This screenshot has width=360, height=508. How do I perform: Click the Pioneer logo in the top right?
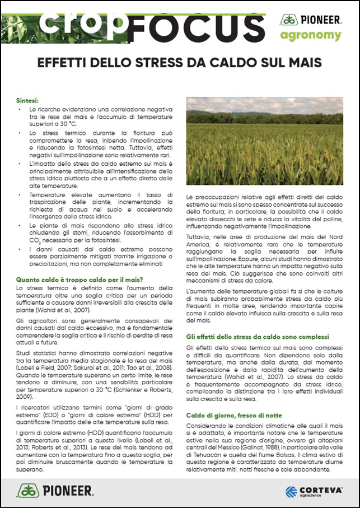pyautogui.click(x=311, y=20)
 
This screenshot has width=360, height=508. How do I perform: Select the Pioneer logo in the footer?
pyautogui.click(x=55, y=491)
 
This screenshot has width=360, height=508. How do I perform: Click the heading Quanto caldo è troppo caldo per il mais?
pyautogui.click(x=80, y=280)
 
